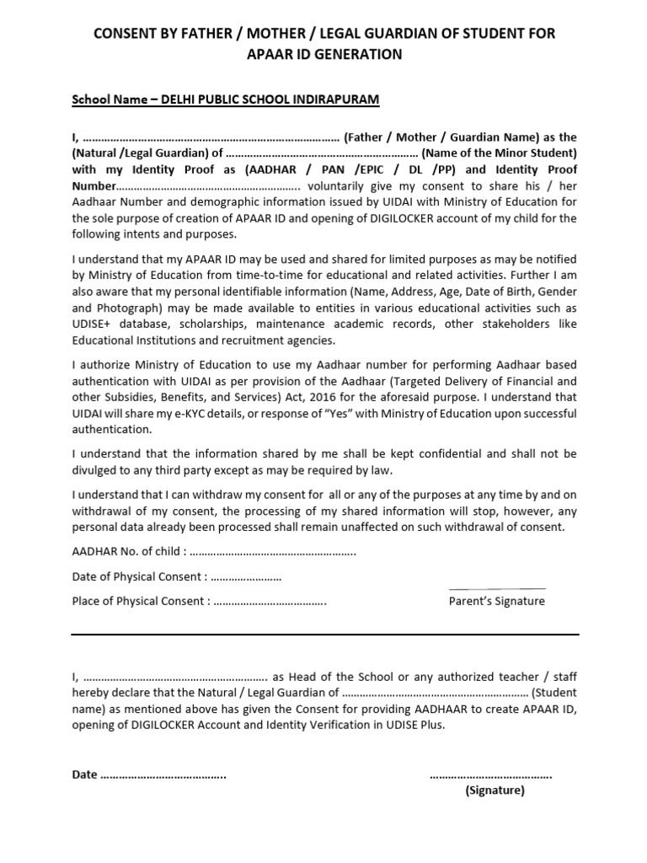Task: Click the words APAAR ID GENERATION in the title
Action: click(x=323, y=55)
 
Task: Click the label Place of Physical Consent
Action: click(x=138, y=602)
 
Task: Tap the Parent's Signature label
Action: click(x=497, y=602)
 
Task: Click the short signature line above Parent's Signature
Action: click(x=497, y=588)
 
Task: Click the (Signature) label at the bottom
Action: click(x=495, y=791)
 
